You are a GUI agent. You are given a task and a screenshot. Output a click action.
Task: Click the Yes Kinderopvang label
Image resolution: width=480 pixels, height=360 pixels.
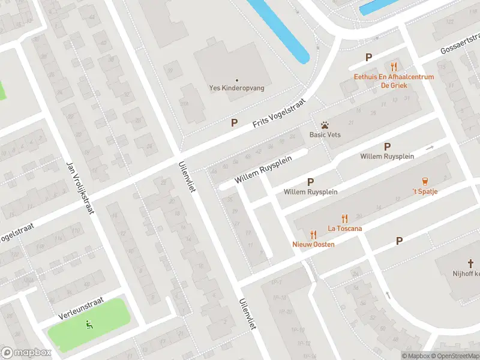point(236,88)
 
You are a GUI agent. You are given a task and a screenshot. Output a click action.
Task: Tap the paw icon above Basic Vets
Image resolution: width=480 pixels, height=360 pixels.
point(325,125)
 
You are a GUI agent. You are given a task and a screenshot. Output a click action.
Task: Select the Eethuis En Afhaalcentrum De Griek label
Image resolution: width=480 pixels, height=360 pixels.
point(394,80)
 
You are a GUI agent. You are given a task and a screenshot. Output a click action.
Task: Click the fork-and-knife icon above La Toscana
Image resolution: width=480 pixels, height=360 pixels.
point(344,218)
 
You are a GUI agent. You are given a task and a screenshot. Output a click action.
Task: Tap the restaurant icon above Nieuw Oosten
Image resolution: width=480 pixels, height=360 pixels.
point(313,235)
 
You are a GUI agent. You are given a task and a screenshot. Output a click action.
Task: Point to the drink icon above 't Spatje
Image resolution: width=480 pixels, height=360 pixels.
point(425,181)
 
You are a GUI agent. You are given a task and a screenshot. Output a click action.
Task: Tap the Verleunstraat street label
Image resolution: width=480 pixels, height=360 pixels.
point(82,307)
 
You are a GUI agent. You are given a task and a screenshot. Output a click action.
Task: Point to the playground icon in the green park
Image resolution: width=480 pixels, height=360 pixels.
point(89,325)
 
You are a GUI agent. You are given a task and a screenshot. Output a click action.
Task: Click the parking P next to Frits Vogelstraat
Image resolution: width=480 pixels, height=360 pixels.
point(235,122)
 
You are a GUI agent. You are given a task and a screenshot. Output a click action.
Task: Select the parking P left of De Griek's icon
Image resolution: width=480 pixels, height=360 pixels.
point(369,58)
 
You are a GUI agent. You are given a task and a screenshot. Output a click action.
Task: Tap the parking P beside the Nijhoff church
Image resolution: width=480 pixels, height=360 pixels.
point(399,241)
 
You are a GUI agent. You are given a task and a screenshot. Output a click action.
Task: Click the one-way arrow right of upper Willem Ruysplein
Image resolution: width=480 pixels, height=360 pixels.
point(430,148)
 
